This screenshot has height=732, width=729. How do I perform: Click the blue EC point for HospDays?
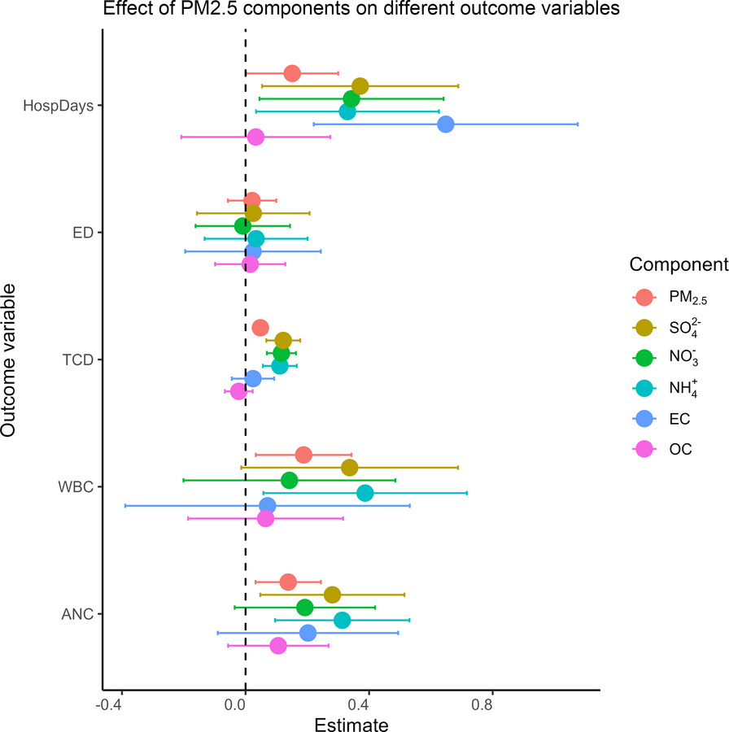point(445,124)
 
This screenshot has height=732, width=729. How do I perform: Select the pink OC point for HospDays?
point(255,137)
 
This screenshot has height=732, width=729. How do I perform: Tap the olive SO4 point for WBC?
point(350,468)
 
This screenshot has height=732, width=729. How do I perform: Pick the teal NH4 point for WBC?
point(365,493)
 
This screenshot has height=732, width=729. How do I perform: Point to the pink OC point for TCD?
point(238,391)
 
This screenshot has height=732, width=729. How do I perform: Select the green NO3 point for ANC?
point(305,608)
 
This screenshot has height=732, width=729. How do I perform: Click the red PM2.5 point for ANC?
point(288,582)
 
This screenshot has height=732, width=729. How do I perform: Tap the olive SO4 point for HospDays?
point(360,86)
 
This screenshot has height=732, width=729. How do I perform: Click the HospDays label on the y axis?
point(59,106)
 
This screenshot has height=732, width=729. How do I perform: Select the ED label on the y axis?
point(82,233)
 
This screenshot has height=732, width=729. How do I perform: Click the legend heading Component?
point(678,265)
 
